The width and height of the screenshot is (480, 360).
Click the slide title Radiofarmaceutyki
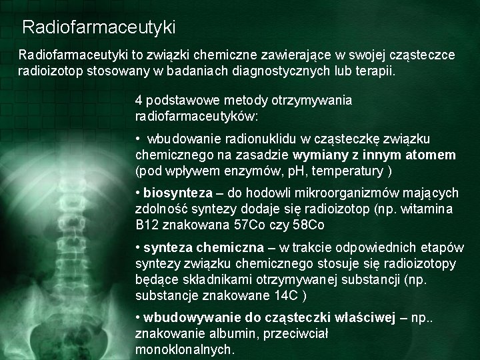tap(99, 27)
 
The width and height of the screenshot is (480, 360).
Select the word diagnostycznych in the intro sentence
tap(277, 71)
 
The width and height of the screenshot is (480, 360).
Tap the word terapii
tap(375, 71)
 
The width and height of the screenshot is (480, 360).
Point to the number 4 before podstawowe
tap(139, 101)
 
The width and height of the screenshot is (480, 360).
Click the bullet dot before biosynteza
tap(137, 193)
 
